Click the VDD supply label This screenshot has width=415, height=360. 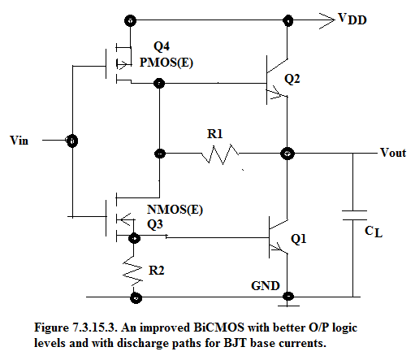click(352, 20)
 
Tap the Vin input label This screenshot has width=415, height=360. click(19, 141)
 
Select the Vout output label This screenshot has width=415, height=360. click(393, 153)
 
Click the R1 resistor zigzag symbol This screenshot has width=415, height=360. click(220, 154)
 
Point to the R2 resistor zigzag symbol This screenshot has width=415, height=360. click(132, 271)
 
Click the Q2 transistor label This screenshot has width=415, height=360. click(292, 79)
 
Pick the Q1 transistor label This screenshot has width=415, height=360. click(299, 239)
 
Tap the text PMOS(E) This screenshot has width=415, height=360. click(166, 63)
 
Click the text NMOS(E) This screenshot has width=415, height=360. click(175, 210)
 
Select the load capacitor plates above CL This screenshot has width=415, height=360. click(354, 215)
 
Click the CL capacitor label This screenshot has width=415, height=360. click(374, 232)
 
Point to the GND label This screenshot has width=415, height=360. click(266, 286)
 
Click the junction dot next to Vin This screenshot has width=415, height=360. click(72, 141)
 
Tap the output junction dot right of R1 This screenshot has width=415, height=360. click(287, 154)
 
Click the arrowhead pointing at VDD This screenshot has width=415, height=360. click(327, 20)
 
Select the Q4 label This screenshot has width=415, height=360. click(162, 46)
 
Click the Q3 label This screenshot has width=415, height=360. click(155, 224)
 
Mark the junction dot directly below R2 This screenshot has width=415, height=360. click(136, 297)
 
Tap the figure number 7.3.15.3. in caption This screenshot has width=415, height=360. click(94, 327)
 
